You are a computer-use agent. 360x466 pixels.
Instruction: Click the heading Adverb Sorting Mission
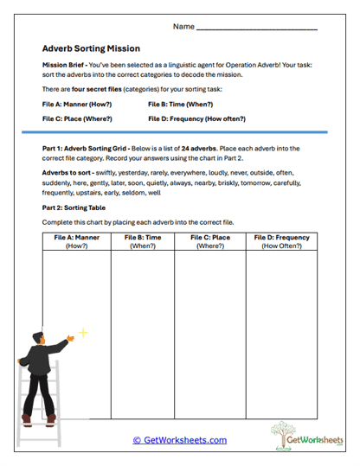(91, 49)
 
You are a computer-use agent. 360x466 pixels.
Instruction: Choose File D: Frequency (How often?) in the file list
(196, 118)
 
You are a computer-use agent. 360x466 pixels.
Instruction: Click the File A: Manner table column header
(77, 240)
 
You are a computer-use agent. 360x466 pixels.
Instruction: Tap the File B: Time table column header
(143, 240)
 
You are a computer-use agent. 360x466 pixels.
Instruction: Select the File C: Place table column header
(210, 240)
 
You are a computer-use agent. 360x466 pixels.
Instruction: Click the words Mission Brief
(61, 66)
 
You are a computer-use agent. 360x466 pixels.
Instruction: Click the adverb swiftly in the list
(109, 173)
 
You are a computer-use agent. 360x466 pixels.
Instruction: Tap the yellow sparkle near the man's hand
(83, 332)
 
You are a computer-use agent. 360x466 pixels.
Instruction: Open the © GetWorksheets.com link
(180, 440)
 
